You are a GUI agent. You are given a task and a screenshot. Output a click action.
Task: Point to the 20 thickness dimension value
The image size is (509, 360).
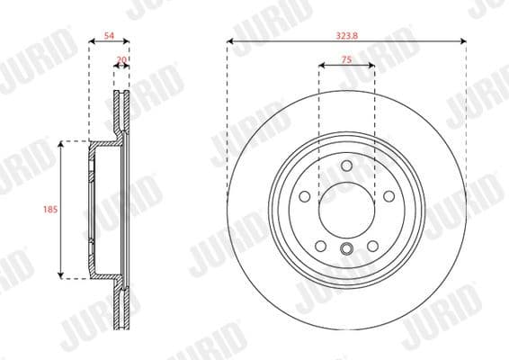pos(121,60)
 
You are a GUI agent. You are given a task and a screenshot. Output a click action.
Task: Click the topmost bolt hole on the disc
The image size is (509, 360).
pos(346,164)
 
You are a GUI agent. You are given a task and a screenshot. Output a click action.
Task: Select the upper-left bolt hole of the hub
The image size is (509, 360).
pos(304,196)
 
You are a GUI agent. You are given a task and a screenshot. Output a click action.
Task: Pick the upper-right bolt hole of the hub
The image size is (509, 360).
pos(388,196)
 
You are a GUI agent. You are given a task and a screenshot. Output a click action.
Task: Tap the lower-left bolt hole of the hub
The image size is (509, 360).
pos(320,246)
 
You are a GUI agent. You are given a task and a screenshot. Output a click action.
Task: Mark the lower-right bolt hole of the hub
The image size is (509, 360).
pos(372,246)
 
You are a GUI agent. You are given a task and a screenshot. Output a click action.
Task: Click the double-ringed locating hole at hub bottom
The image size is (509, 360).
pos(346,250)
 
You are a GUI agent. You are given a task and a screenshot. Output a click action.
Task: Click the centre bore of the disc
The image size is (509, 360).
pos(346,209)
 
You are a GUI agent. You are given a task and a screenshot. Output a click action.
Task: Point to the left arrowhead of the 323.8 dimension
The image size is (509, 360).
pos(230,41)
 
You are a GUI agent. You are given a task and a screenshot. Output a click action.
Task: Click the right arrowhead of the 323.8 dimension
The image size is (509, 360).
pos(463,41)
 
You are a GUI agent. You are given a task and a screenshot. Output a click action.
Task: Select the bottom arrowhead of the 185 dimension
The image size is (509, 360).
pos(60,274)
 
